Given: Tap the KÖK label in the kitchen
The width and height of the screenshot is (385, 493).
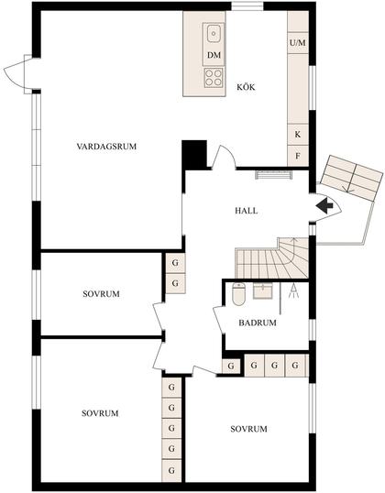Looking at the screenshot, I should tap(246, 87).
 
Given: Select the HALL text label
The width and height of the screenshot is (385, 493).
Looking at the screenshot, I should tap(246, 210).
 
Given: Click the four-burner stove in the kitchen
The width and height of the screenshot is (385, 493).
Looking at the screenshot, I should tap(214, 78).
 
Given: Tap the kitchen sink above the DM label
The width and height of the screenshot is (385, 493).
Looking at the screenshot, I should tap(214, 35).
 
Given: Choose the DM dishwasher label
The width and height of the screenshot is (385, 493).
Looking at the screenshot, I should tap(214, 56).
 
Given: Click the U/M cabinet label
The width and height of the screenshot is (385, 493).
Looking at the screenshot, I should tap(297, 43).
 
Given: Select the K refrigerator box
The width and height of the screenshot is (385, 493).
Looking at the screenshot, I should tap(297, 135).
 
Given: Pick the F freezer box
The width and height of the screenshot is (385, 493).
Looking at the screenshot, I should tap(297, 156).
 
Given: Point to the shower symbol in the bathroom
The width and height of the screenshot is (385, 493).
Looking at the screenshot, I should tap(292, 291).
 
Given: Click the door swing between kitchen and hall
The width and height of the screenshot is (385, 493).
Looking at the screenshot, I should tap(220, 158).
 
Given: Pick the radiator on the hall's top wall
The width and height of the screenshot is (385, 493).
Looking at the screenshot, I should tap(272, 173).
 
